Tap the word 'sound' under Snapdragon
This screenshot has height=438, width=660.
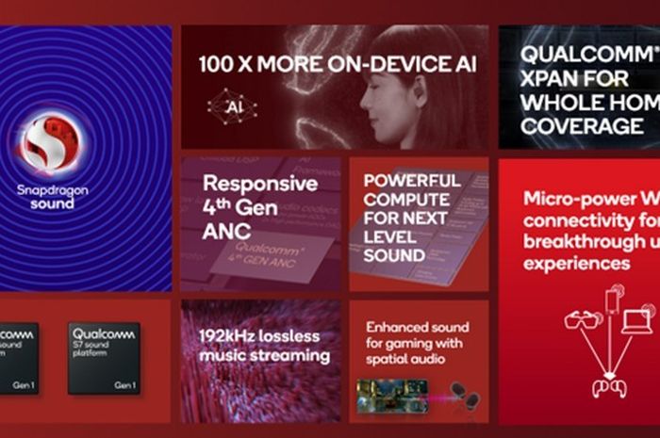point(51,204)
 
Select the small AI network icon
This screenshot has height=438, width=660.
point(230,105)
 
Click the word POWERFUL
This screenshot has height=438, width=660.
point(412,180)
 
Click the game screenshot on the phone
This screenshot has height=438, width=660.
point(391,395)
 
